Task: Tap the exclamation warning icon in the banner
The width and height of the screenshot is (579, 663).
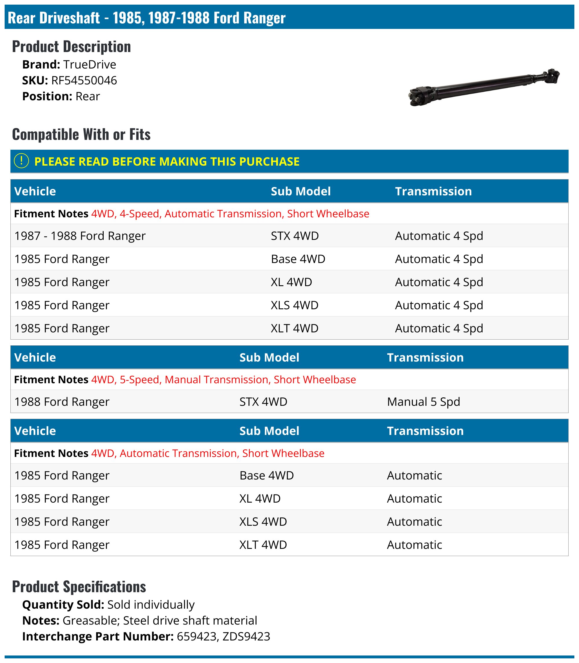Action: click(22, 161)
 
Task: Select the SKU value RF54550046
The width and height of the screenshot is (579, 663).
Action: click(84, 80)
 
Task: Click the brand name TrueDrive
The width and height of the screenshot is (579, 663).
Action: click(89, 64)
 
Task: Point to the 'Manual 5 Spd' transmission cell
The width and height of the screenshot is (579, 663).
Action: click(423, 402)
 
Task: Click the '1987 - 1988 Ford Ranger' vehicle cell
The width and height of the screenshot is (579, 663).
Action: click(80, 236)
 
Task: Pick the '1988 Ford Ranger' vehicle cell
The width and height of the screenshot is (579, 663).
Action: click(62, 402)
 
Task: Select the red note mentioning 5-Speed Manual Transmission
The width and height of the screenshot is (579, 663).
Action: click(223, 379)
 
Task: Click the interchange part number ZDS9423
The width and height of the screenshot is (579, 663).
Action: click(246, 636)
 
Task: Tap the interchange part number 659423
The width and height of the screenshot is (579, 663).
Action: click(197, 636)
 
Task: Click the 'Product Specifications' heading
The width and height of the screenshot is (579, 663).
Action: click(79, 586)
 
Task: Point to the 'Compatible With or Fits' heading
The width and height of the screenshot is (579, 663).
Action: click(81, 134)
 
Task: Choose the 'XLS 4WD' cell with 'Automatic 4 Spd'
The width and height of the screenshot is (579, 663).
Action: click(294, 305)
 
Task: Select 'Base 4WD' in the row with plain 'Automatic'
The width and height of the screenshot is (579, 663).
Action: click(266, 475)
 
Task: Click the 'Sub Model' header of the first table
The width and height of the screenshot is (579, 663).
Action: click(301, 191)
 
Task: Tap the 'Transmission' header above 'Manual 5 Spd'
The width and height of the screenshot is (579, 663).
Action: click(425, 358)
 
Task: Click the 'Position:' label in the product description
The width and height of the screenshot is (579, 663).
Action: click(47, 97)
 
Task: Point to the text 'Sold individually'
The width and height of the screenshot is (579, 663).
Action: click(151, 605)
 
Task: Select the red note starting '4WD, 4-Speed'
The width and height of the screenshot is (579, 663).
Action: click(230, 214)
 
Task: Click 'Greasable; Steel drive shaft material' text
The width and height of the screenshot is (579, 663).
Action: click(160, 621)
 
